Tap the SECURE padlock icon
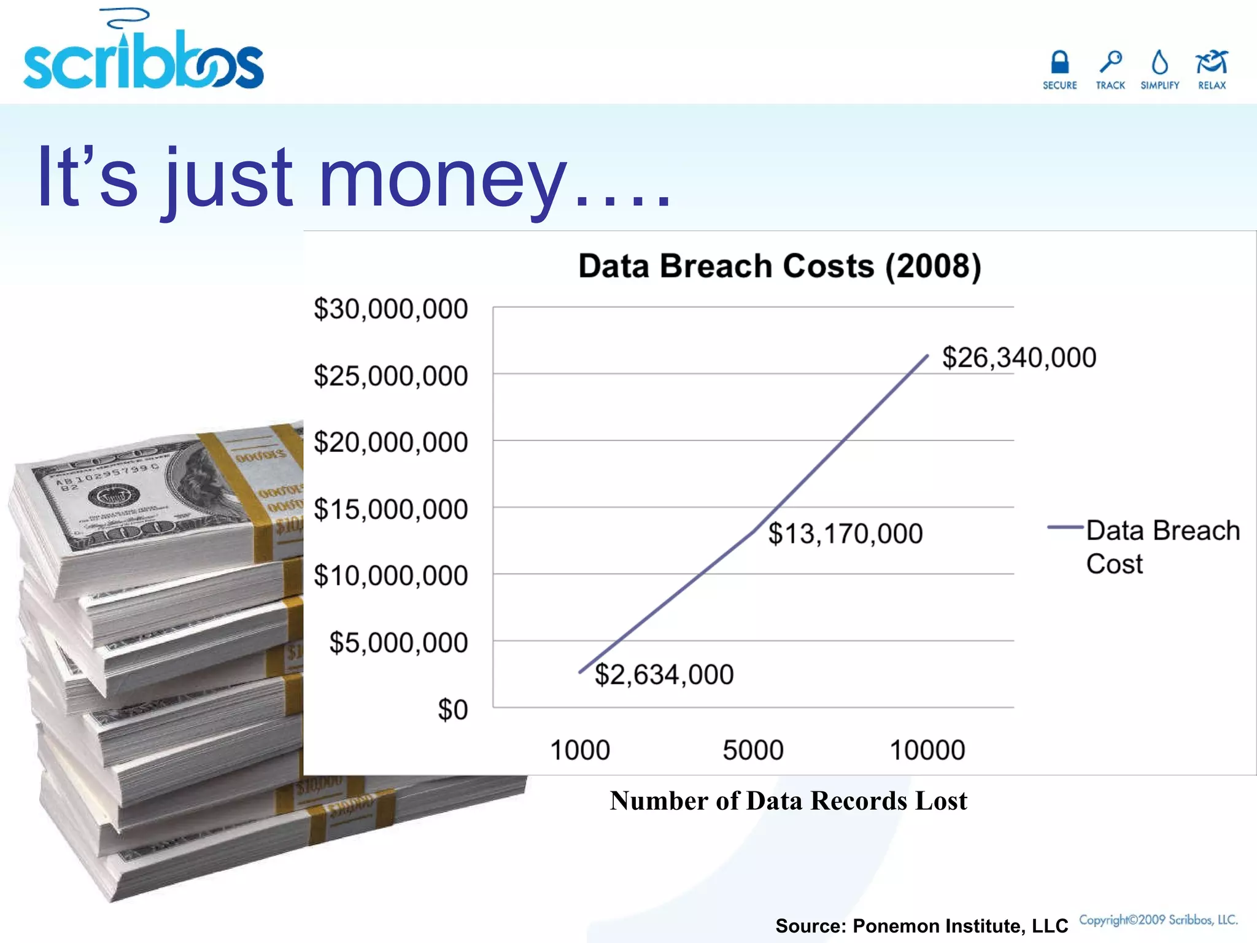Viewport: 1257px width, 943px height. (1059, 63)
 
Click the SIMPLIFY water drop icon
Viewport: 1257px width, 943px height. (1159, 63)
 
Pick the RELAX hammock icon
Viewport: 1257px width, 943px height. (1211, 63)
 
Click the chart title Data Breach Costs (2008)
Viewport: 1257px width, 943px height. (779, 266)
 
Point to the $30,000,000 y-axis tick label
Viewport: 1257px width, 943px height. (390, 309)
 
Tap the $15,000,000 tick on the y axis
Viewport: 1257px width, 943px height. (390, 510)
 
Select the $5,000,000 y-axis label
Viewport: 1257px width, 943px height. (398, 643)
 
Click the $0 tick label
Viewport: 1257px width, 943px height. (452, 710)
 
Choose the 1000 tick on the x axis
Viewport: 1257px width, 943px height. (579, 750)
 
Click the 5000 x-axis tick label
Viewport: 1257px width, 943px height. (753, 750)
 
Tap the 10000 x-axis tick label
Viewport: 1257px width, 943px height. (927, 750)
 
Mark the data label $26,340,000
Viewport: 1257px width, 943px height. (1019, 357)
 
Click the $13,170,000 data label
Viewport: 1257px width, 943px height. (845, 534)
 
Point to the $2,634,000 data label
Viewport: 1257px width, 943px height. (664, 675)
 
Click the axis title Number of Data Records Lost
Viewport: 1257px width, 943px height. (788, 801)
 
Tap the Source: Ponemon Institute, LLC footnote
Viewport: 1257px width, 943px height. (921, 926)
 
